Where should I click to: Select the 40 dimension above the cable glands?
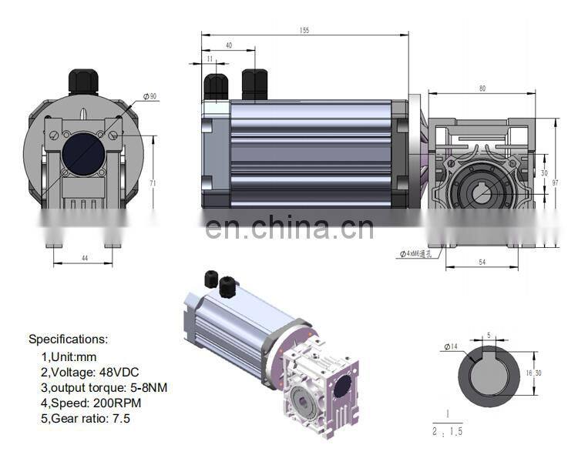[228, 45]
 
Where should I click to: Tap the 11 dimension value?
[210, 59]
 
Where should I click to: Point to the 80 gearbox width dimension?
[482, 89]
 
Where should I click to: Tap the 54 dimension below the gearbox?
[482, 263]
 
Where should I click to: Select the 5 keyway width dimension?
[489, 336]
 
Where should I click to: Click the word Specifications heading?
[69, 339]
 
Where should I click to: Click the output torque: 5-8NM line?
[104, 387]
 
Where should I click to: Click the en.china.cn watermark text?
[290, 227]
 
